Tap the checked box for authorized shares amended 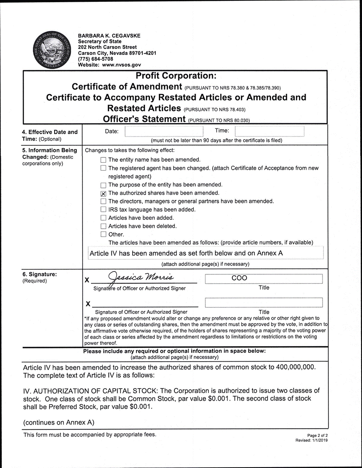click(x=103, y=193)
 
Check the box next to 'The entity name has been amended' click(x=103, y=160)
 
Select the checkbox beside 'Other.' click(x=103, y=234)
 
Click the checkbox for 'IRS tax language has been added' click(x=103, y=210)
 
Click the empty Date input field click(x=164, y=131)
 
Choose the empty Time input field click(x=269, y=131)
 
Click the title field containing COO click(x=264, y=279)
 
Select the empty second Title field click(x=264, y=303)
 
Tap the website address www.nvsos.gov click(x=122, y=65)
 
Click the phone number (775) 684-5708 click(x=95, y=59)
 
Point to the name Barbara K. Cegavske click(x=110, y=35)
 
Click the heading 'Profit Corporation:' click(x=176, y=76)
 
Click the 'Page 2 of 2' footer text click(x=317, y=436)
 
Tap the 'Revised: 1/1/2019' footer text click(x=311, y=441)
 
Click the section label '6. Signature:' click(x=39, y=274)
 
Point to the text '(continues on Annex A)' click(x=59, y=422)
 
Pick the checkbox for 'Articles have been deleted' click(x=103, y=226)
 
